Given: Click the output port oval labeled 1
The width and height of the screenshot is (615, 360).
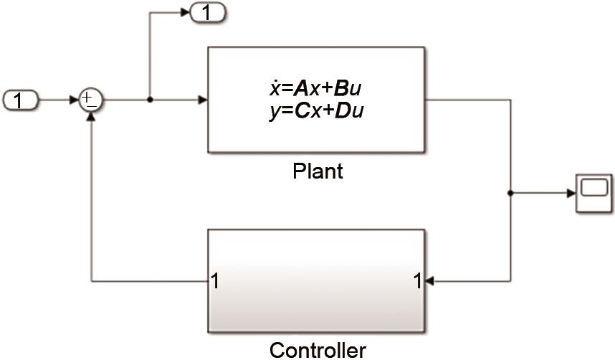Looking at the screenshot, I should [x=206, y=12].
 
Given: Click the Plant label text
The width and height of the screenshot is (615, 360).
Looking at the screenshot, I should [x=318, y=172].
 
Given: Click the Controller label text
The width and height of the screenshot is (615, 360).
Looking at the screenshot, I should [x=318, y=350].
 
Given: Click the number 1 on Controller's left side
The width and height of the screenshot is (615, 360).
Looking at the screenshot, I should [x=215, y=280].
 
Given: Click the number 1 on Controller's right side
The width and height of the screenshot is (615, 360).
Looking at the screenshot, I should [x=417, y=280].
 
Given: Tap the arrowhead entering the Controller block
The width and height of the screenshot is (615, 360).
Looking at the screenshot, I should [x=429, y=280].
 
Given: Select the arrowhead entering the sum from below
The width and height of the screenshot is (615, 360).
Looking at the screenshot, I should [x=91, y=117].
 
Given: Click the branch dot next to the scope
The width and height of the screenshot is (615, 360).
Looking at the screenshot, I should [x=510, y=193].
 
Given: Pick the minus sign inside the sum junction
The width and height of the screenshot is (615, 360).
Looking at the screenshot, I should [x=91, y=106].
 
